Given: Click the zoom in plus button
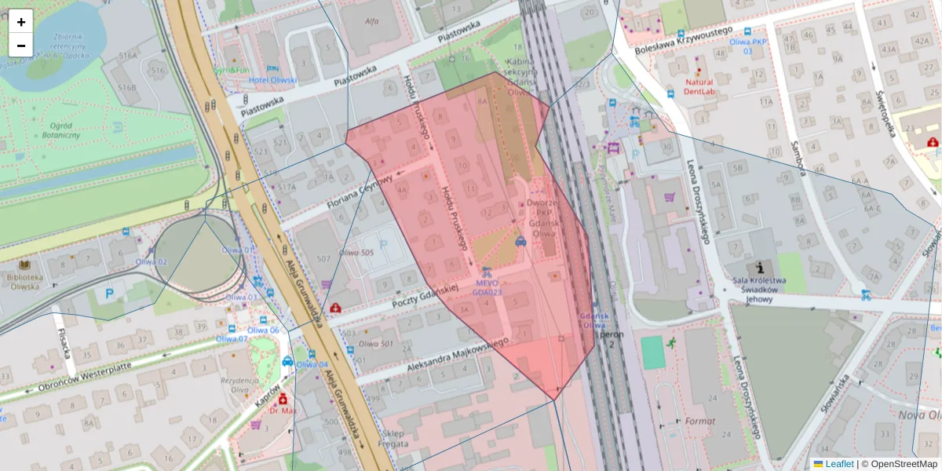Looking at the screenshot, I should (x=21, y=21).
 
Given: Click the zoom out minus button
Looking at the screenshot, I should (x=21, y=46).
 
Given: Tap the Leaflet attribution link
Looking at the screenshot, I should (x=839, y=464).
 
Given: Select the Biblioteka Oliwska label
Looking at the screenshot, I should (x=25, y=282).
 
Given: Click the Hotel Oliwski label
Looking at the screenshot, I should (x=273, y=80).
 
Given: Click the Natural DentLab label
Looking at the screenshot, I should (x=699, y=86).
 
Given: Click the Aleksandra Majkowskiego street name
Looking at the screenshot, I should (x=458, y=354).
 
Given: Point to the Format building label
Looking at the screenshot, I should (x=699, y=422).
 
